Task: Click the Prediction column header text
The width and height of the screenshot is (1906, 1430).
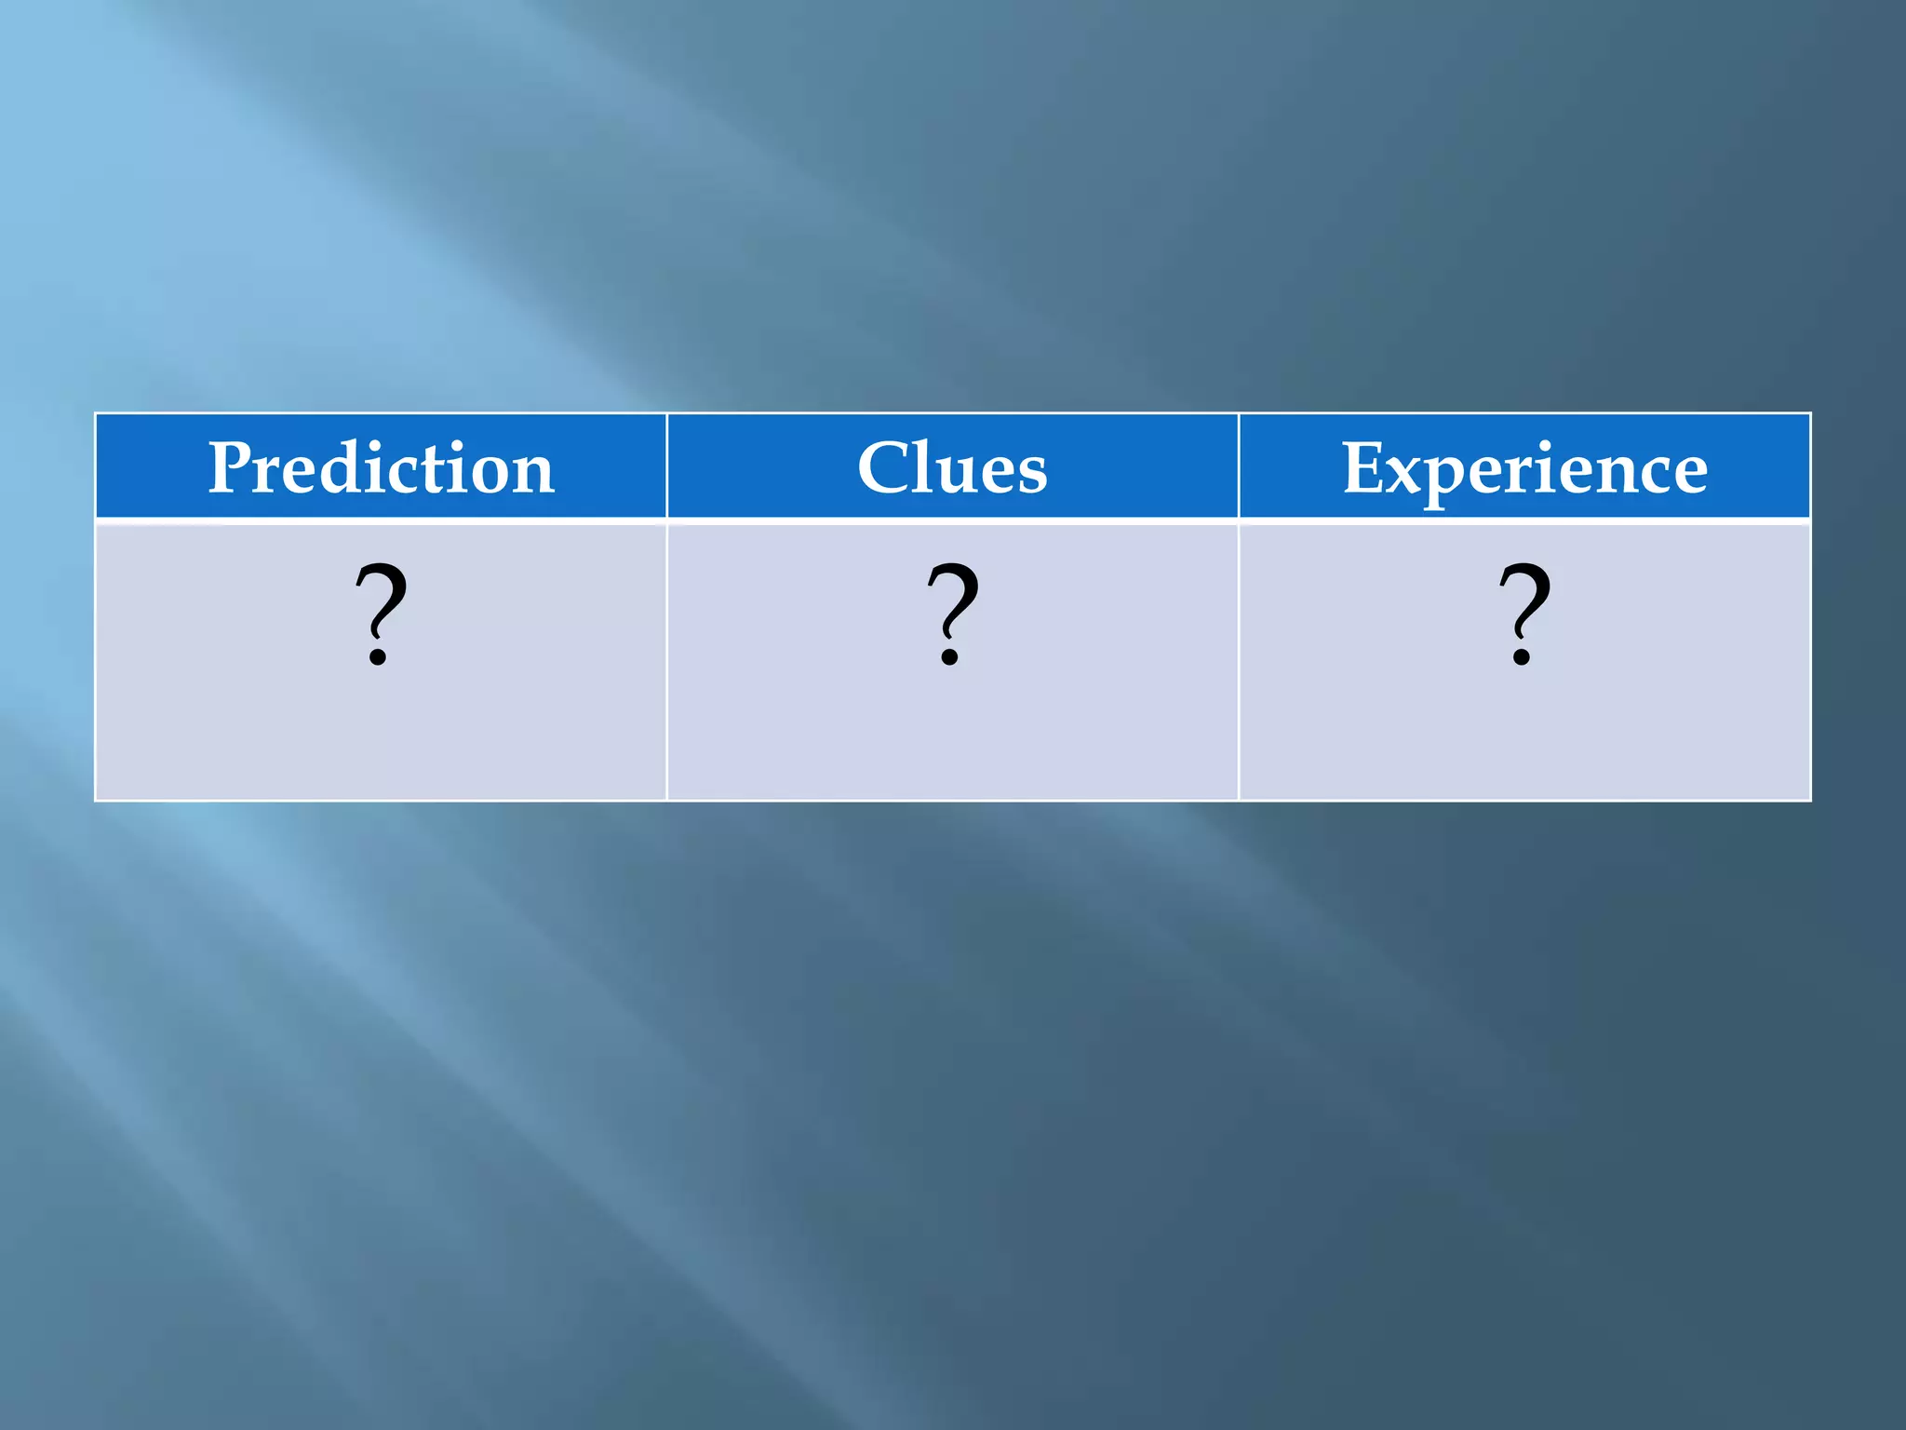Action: point(381,467)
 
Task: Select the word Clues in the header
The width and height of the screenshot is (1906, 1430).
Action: point(952,467)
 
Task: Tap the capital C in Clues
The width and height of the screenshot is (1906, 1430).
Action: point(883,467)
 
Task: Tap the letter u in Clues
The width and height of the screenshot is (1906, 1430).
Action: point(960,475)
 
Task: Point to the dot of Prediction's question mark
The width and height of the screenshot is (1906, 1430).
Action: point(378,657)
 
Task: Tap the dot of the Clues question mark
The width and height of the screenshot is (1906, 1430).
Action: point(949,657)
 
